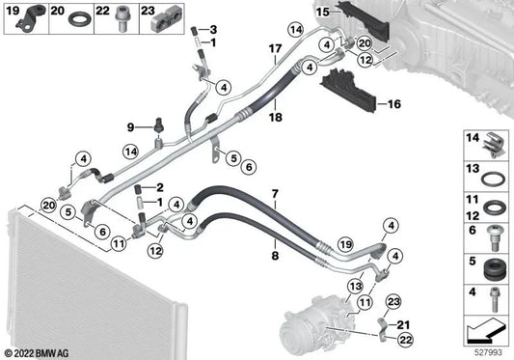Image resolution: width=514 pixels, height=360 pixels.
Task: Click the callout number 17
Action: (274, 48)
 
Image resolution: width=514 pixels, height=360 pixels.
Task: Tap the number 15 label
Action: (325, 13)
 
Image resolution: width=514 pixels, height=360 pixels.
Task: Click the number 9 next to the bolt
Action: (131, 127)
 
